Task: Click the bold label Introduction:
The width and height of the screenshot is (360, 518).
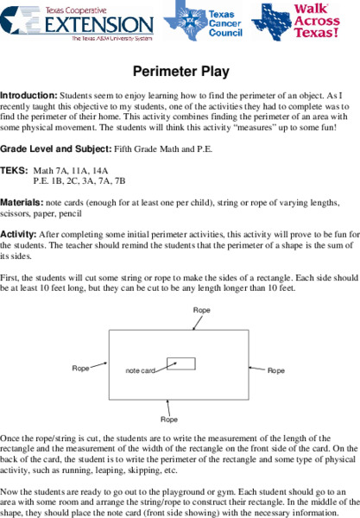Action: (x=28, y=94)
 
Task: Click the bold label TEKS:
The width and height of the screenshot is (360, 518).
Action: (x=14, y=171)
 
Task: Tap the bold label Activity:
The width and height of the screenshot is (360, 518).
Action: (x=18, y=234)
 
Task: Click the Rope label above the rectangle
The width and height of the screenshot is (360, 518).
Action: (x=202, y=309)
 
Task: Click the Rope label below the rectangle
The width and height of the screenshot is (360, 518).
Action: (x=170, y=420)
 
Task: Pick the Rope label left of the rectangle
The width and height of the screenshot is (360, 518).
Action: (x=81, y=369)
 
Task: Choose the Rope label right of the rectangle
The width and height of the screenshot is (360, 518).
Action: (x=276, y=370)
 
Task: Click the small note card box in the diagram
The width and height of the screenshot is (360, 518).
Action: (x=180, y=363)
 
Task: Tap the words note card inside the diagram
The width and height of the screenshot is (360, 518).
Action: (x=140, y=371)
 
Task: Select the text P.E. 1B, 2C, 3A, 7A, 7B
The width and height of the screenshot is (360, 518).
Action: (x=79, y=181)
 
